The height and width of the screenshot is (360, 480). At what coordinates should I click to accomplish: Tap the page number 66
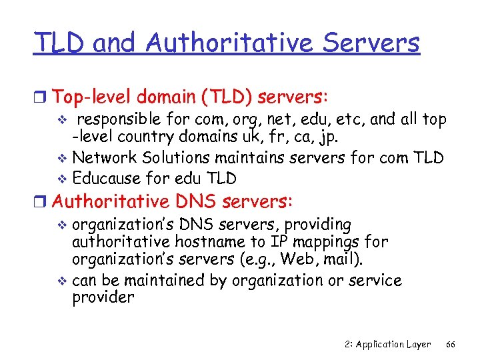(x=450, y=344)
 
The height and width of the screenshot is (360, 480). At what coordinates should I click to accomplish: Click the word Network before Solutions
(x=103, y=157)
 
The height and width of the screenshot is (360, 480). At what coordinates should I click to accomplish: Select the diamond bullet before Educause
(x=63, y=179)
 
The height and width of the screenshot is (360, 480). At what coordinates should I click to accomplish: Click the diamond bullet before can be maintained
(x=63, y=281)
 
